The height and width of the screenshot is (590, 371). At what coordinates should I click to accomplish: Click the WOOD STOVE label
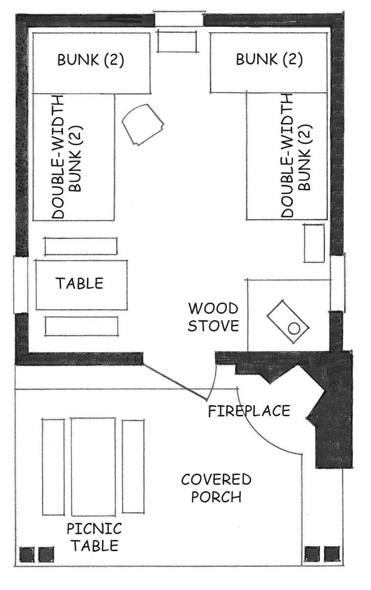click(x=213, y=317)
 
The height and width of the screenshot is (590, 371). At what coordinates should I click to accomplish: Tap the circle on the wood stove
click(x=294, y=328)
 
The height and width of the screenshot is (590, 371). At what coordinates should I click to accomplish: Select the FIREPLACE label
click(x=249, y=411)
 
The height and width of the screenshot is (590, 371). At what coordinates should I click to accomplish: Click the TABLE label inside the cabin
click(x=80, y=284)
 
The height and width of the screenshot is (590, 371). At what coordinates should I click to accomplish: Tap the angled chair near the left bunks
click(x=143, y=124)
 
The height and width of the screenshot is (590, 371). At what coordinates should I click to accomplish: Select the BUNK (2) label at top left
click(x=91, y=60)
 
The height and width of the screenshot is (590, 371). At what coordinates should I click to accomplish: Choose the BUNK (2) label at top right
click(x=269, y=59)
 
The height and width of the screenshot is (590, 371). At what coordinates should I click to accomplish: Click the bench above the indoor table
click(x=81, y=246)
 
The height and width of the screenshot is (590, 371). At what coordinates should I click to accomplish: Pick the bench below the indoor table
click(x=81, y=326)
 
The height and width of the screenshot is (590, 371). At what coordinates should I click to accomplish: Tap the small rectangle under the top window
click(x=177, y=41)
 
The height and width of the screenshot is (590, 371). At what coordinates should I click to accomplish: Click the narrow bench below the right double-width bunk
click(x=314, y=243)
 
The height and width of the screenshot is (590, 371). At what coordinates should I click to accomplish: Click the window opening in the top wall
click(x=179, y=19)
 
